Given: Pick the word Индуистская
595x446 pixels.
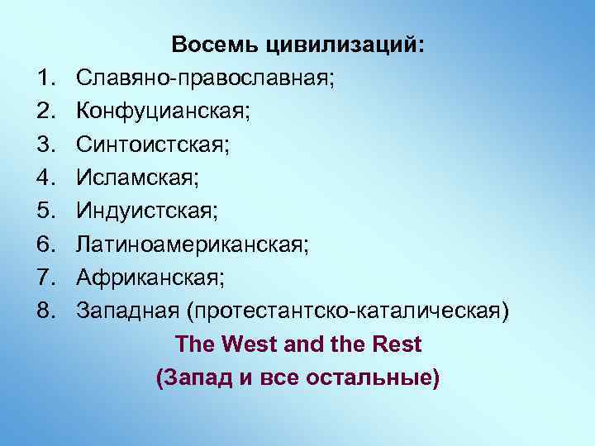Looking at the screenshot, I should [146, 211].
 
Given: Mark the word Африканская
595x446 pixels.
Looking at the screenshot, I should [149, 278].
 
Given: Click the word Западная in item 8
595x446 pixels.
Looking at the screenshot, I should [127, 311].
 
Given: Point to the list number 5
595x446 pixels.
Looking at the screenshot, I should [45, 211].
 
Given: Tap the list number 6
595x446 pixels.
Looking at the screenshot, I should [45, 244].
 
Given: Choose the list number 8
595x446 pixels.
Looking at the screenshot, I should [45, 311].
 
